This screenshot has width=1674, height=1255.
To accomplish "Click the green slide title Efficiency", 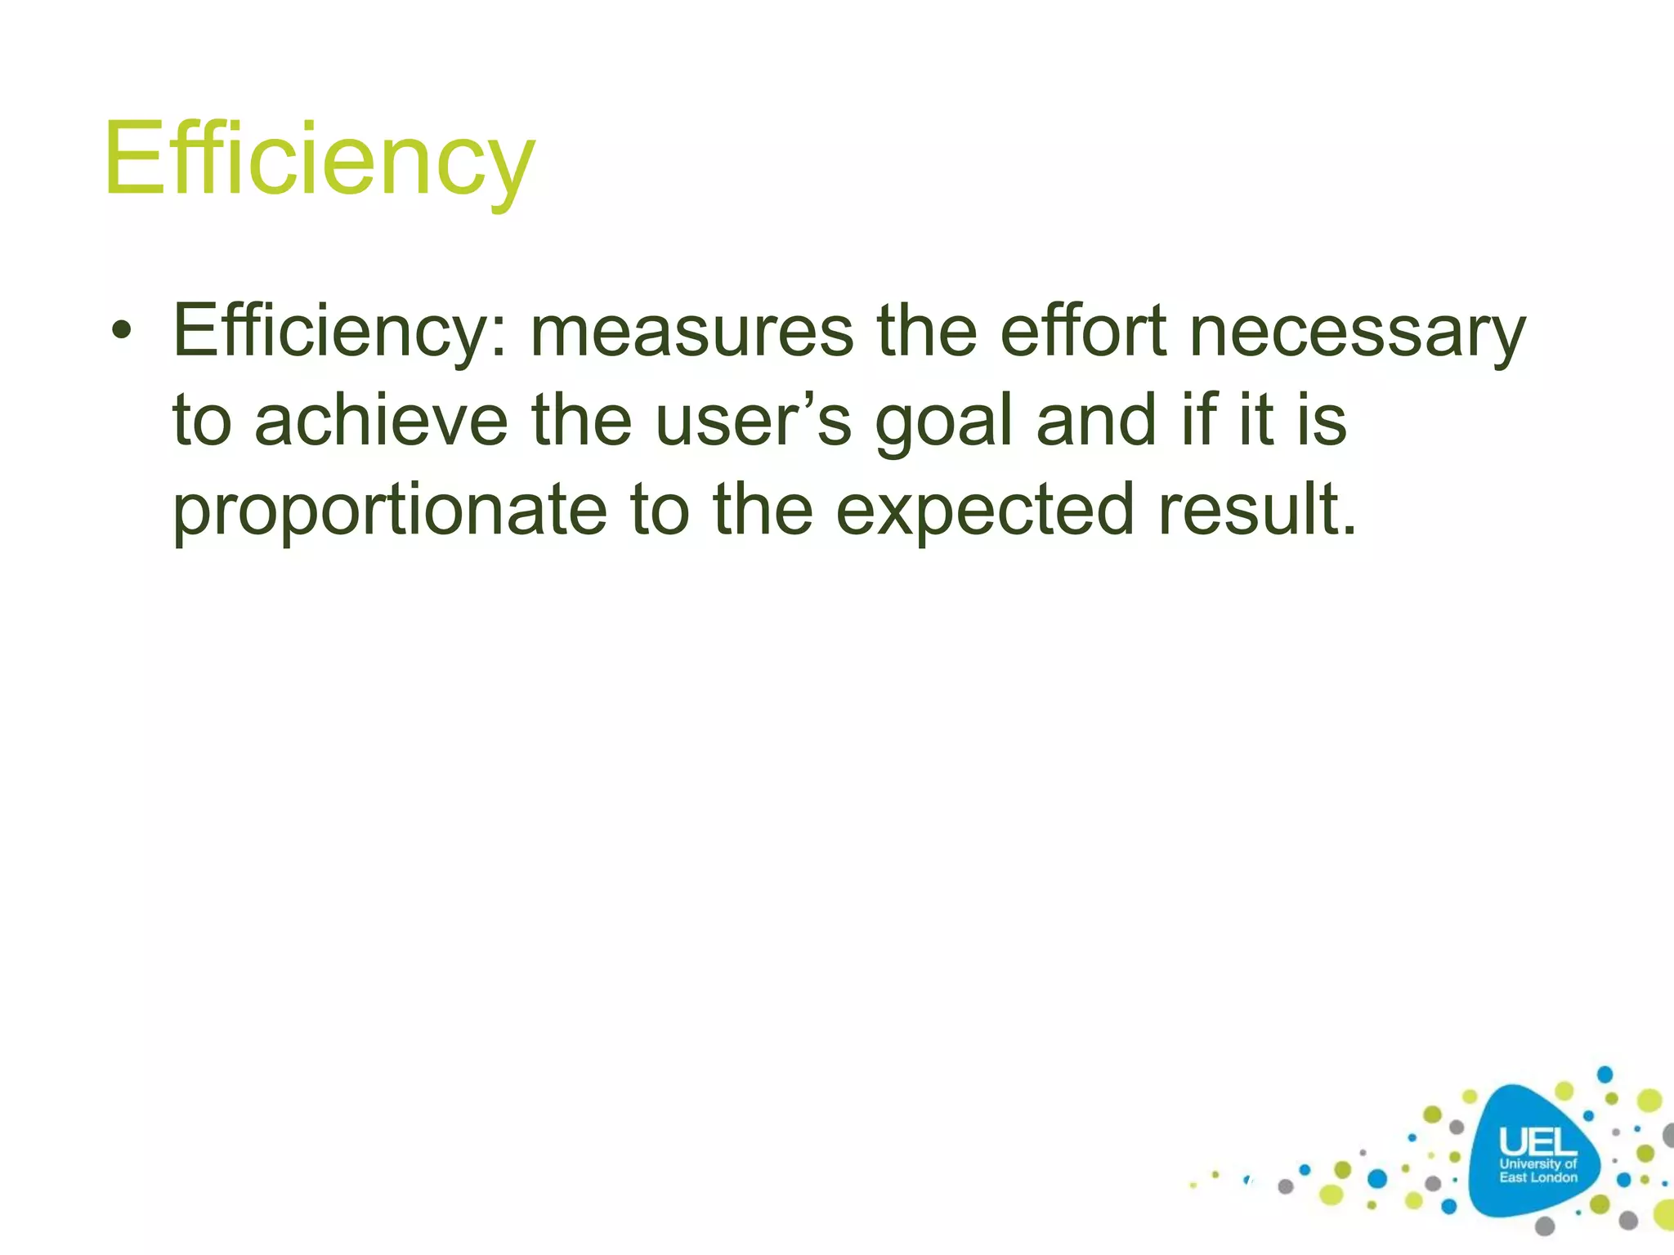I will [x=319, y=159].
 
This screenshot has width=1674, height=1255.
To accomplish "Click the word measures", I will [x=692, y=332].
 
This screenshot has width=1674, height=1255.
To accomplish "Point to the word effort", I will [x=1084, y=330].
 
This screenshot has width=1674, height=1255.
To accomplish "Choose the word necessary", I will [x=1357, y=332].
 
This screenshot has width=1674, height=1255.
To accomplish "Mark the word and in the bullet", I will [x=1096, y=420].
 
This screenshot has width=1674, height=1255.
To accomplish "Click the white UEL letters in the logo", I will [x=1537, y=1141].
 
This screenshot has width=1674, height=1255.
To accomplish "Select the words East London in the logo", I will [x=1538, y=1177].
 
